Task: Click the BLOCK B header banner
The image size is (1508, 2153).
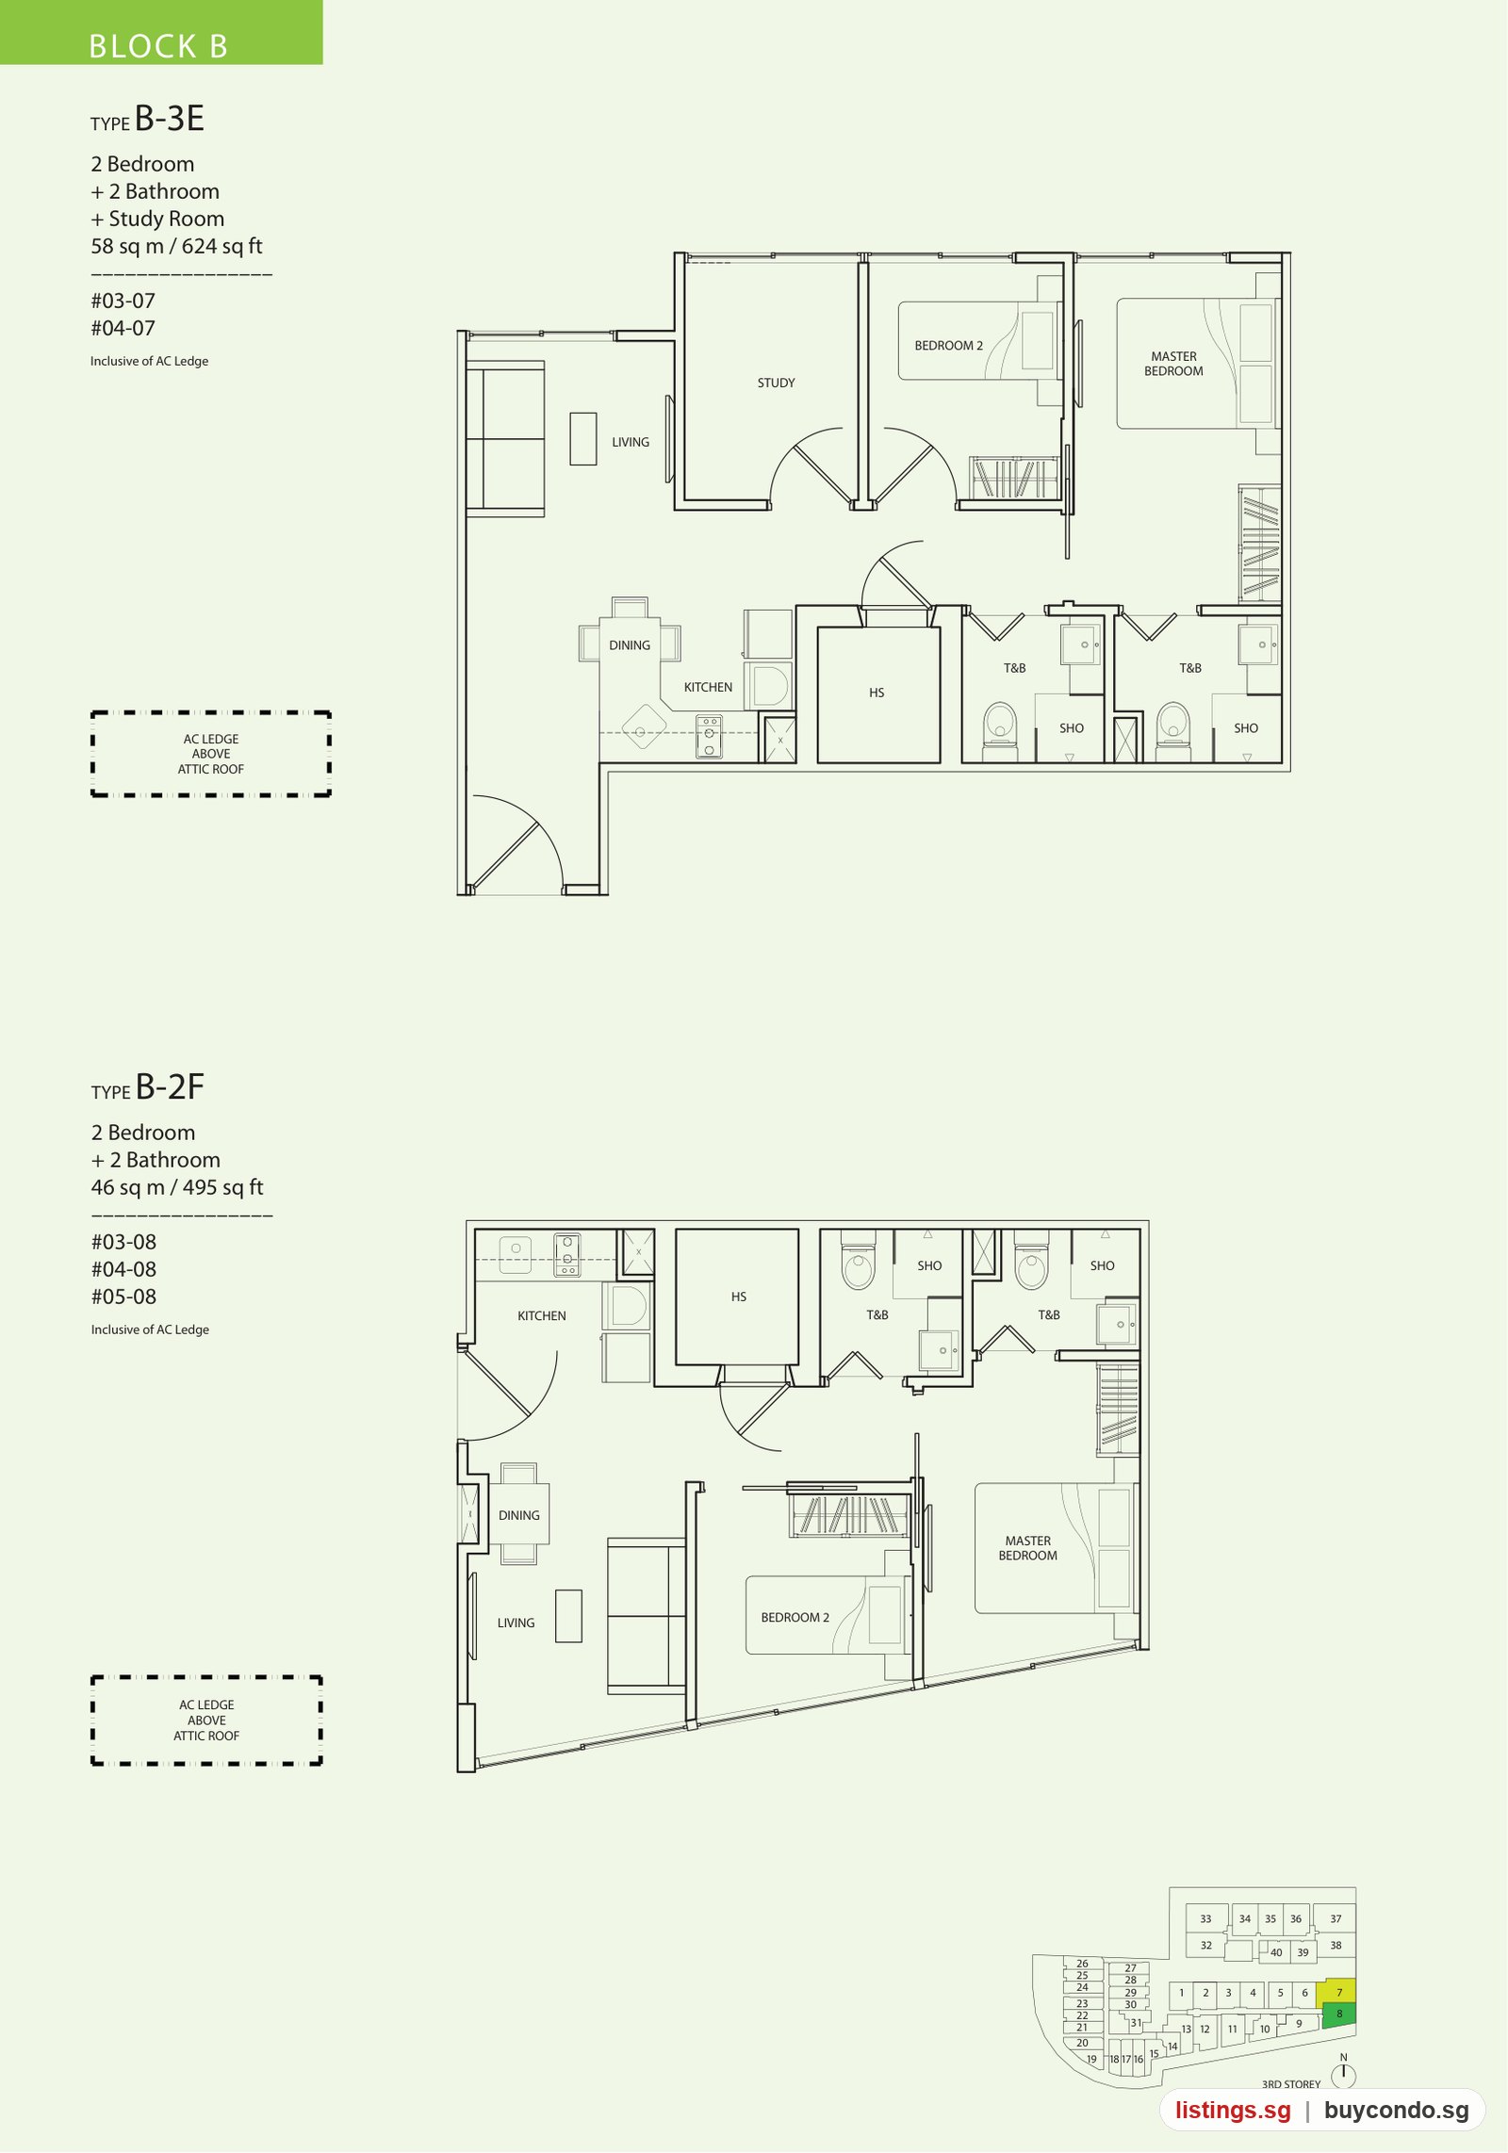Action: click(x=160, y=32)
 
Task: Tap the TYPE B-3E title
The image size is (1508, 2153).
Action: click(x=147, y=119)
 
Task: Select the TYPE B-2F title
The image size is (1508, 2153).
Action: click(x=148, y=1087)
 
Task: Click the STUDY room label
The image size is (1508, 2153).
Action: click(x=776, y=383)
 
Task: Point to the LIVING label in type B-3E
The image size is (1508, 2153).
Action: click(x=631, y=442)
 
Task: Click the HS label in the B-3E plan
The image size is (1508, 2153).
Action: click(x=877, y=693)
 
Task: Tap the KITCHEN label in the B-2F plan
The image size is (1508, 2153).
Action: click(x=542, y=1316)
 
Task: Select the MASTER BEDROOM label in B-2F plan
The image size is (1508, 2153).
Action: click(x=1028, y=1548)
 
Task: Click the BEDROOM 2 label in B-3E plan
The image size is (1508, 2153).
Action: click(x=948, y=346)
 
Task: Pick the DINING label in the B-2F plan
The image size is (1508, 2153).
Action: click(x=519, y=1515)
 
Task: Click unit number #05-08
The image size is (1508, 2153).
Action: click(x=123, y=1297)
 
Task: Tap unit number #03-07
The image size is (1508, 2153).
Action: click(x=123, y=301)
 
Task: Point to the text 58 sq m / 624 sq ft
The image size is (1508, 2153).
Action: click(x=176, y=246)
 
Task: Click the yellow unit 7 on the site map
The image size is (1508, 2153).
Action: click(x=1338, y=1991)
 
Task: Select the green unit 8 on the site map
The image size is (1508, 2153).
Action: click(x=1339, y=2014)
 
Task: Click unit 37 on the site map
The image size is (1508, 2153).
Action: click(x=1336, y=1918)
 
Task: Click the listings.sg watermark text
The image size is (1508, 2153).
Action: click(x=1233, y=2111)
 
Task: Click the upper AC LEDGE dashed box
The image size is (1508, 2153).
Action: click(x=211, y=754)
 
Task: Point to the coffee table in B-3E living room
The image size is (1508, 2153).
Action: click(x=583, y=439)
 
